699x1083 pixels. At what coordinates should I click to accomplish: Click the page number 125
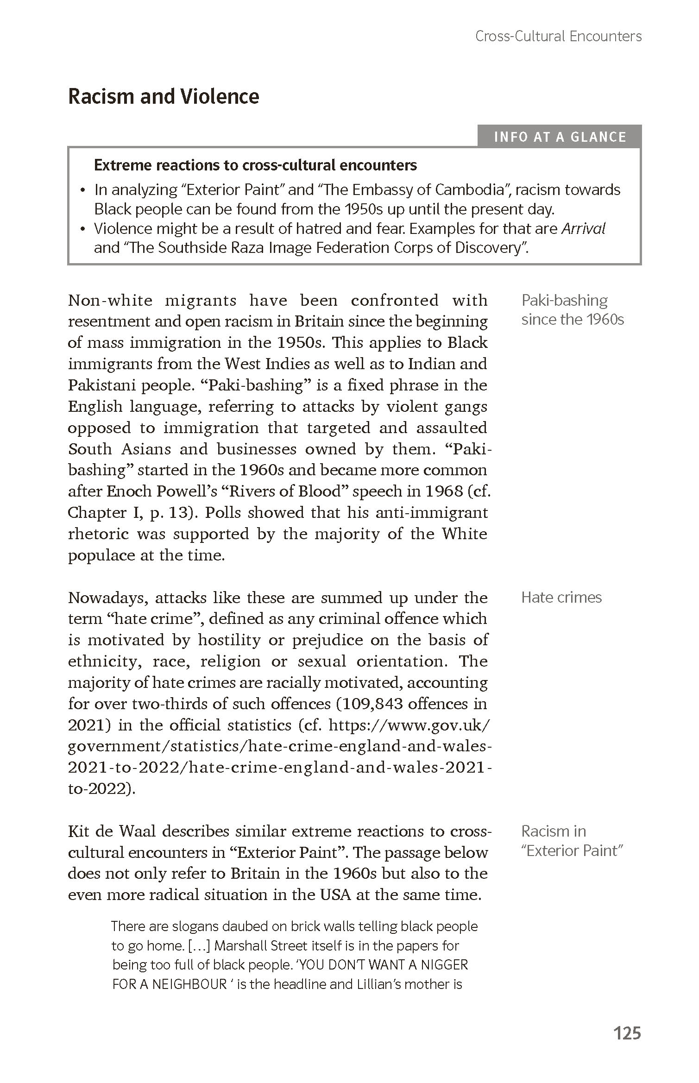coord(627,1033)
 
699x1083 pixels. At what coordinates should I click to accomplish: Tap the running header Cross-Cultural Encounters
coord(558,36)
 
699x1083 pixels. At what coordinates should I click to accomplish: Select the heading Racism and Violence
coord(164,96)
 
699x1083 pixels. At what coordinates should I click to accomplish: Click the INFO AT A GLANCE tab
coord(560,137)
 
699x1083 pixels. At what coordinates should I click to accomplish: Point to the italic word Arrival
coord(583,228)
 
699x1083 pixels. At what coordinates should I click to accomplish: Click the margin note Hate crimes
coord(561,597)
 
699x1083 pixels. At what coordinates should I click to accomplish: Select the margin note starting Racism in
coord(572,841)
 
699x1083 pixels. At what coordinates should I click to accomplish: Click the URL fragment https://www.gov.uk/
coord(408,725)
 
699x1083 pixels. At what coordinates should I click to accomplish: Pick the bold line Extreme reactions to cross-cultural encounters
coord(255,165)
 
